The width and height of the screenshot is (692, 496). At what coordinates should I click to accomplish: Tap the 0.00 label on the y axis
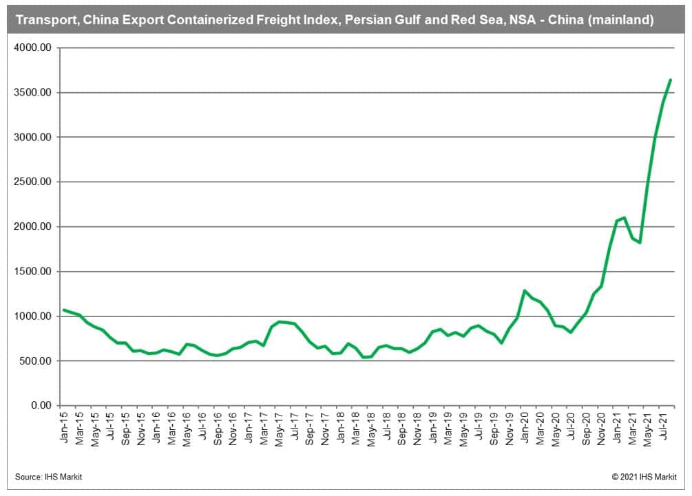[x=43, y=406]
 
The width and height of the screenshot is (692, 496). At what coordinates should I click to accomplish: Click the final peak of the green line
[x=671, y=80]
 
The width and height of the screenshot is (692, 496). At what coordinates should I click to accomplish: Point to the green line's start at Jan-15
[x=64, y=310]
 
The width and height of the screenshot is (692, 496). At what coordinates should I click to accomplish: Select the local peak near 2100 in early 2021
[x=624, y=217]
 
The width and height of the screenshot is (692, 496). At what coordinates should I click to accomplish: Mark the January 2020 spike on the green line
[x=524, y=290]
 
